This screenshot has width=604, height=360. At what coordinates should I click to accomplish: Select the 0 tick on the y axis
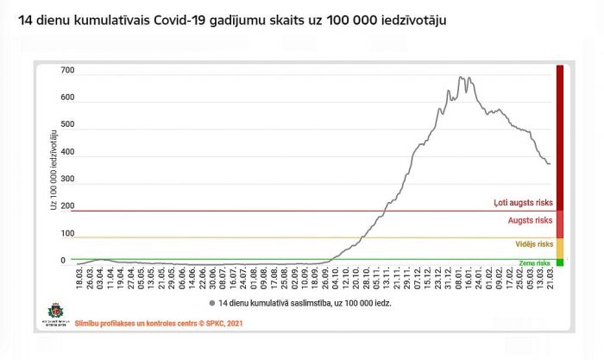click(63, 260)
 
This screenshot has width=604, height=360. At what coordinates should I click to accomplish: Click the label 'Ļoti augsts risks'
click(523, 202)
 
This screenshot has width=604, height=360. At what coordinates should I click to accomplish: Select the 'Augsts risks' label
click(530, 220)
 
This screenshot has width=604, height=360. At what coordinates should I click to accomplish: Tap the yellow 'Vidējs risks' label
click(532, 244)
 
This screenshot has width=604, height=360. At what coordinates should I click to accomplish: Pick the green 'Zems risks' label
click(535, 262)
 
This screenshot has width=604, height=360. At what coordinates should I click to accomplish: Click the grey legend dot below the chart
click(211, 303)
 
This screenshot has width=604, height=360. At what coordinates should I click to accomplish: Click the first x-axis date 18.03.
click(78, 278)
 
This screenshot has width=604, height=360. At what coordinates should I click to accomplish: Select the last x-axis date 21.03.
click(550, 278)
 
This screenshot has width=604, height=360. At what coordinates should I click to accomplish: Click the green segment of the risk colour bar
click(559, 262)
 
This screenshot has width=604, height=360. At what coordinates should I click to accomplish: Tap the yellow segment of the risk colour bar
click(559, 247)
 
